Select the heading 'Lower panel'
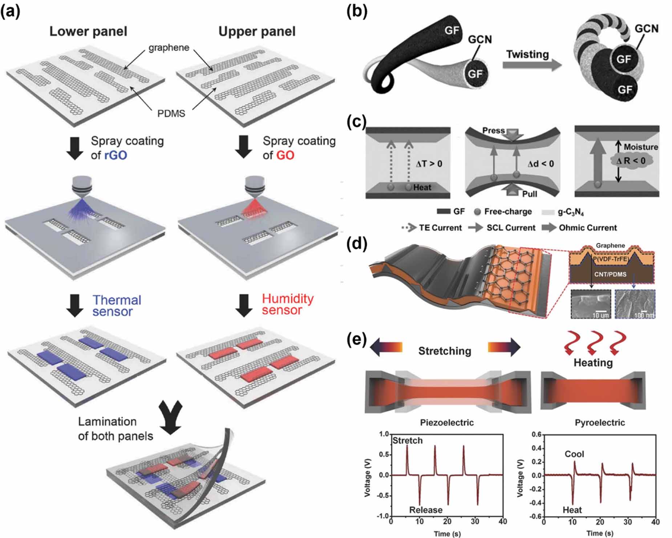[88, 31]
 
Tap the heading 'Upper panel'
[257, 31]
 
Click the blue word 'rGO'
[116, 155]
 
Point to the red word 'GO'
[285, 155]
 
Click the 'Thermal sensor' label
[116, 306]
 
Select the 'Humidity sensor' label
[287, 304]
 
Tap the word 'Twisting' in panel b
[527, 54]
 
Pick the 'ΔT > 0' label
[429, 164]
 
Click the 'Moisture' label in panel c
[641, 147]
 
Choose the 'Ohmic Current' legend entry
[587, 228]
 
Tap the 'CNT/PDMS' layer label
[610, 274]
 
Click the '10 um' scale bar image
[591, 304]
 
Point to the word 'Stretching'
[445, 351]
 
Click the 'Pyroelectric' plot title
[600, 422]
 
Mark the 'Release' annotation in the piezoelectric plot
[426, 510]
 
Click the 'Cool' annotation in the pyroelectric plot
[574, 454]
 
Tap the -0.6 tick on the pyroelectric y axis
[537, 517]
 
